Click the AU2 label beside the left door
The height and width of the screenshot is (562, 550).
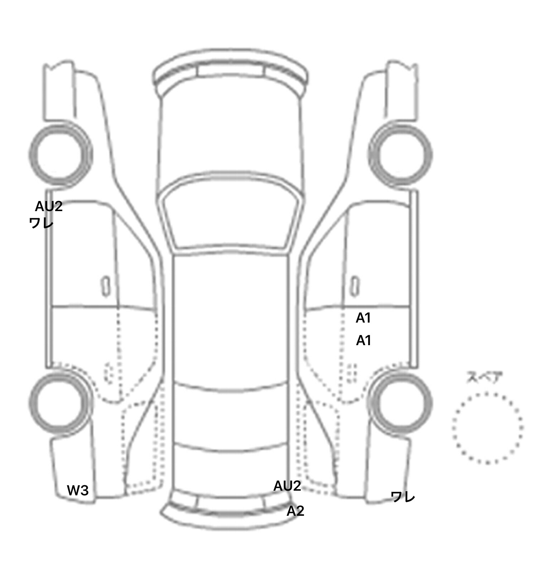[49, 206]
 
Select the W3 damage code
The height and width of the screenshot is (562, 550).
[78, 490]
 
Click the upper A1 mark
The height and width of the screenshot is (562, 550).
[363, 318]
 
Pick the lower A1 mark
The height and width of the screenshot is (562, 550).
[363, 340]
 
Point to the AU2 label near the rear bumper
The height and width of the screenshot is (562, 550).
[287, 486]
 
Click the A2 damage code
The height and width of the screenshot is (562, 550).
[295, 511]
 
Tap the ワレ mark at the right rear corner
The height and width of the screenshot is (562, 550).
[403, 497]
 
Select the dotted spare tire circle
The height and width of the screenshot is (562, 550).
[487, 428]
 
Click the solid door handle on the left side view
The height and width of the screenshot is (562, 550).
[105, 286]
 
